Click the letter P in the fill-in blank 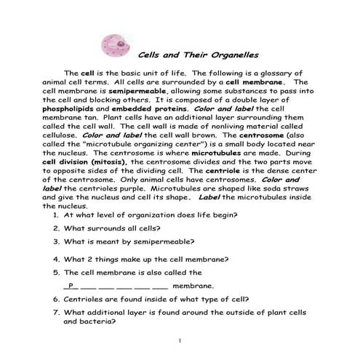point(70,286)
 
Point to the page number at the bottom point(180,340)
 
